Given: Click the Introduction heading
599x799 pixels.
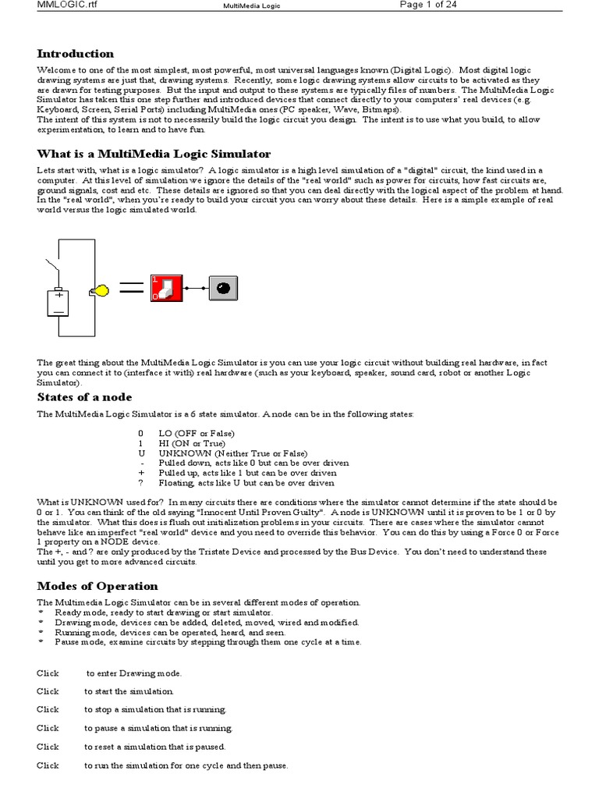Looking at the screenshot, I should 76,54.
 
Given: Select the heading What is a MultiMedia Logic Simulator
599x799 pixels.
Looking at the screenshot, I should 154,154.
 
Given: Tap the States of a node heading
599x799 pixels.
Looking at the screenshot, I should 86,397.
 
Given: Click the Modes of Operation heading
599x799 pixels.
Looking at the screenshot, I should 97,586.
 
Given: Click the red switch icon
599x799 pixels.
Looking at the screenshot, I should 167,288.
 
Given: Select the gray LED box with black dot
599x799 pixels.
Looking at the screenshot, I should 224,288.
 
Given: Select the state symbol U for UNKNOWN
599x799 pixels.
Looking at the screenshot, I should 141,453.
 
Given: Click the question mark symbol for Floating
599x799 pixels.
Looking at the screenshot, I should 141,483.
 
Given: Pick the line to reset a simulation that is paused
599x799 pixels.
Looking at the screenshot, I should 155,747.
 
